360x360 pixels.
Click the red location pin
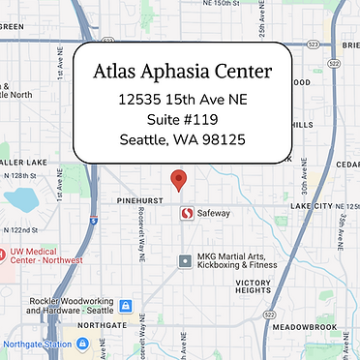178,180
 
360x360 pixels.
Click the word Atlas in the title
122,72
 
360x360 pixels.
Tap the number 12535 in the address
139,99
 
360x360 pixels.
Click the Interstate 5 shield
91,220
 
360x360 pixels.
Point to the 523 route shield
312,44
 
